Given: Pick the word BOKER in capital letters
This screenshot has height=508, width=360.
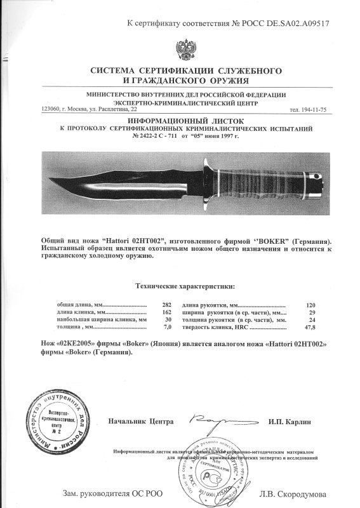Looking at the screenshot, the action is click(x=244, y=243).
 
